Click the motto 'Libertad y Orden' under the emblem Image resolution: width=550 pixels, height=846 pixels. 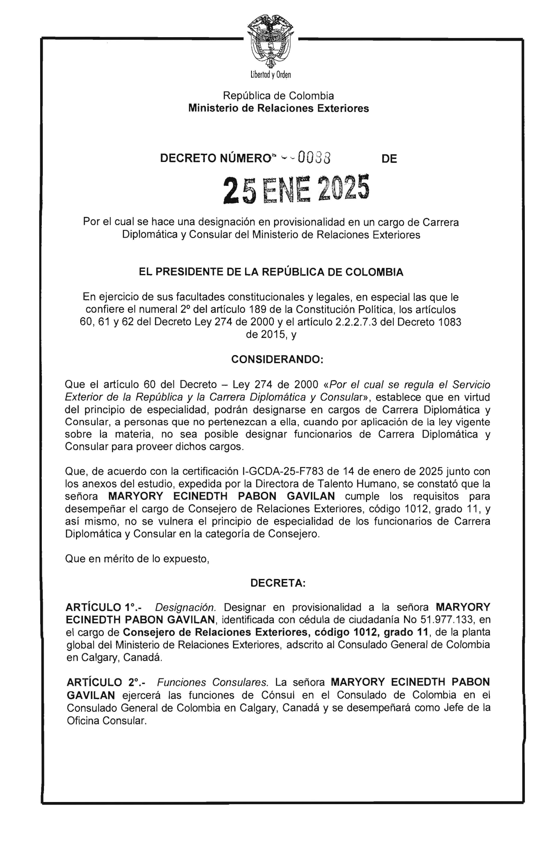(x=271, y=75)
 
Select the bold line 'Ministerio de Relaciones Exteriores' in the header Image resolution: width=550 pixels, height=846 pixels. (x=278, y=108)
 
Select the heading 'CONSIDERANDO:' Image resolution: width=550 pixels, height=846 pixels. (x=278, y=360)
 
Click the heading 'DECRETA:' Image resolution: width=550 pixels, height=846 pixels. (x=278, y=583)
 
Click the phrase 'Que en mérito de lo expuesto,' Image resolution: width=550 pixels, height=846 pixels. (x=137, y=558)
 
